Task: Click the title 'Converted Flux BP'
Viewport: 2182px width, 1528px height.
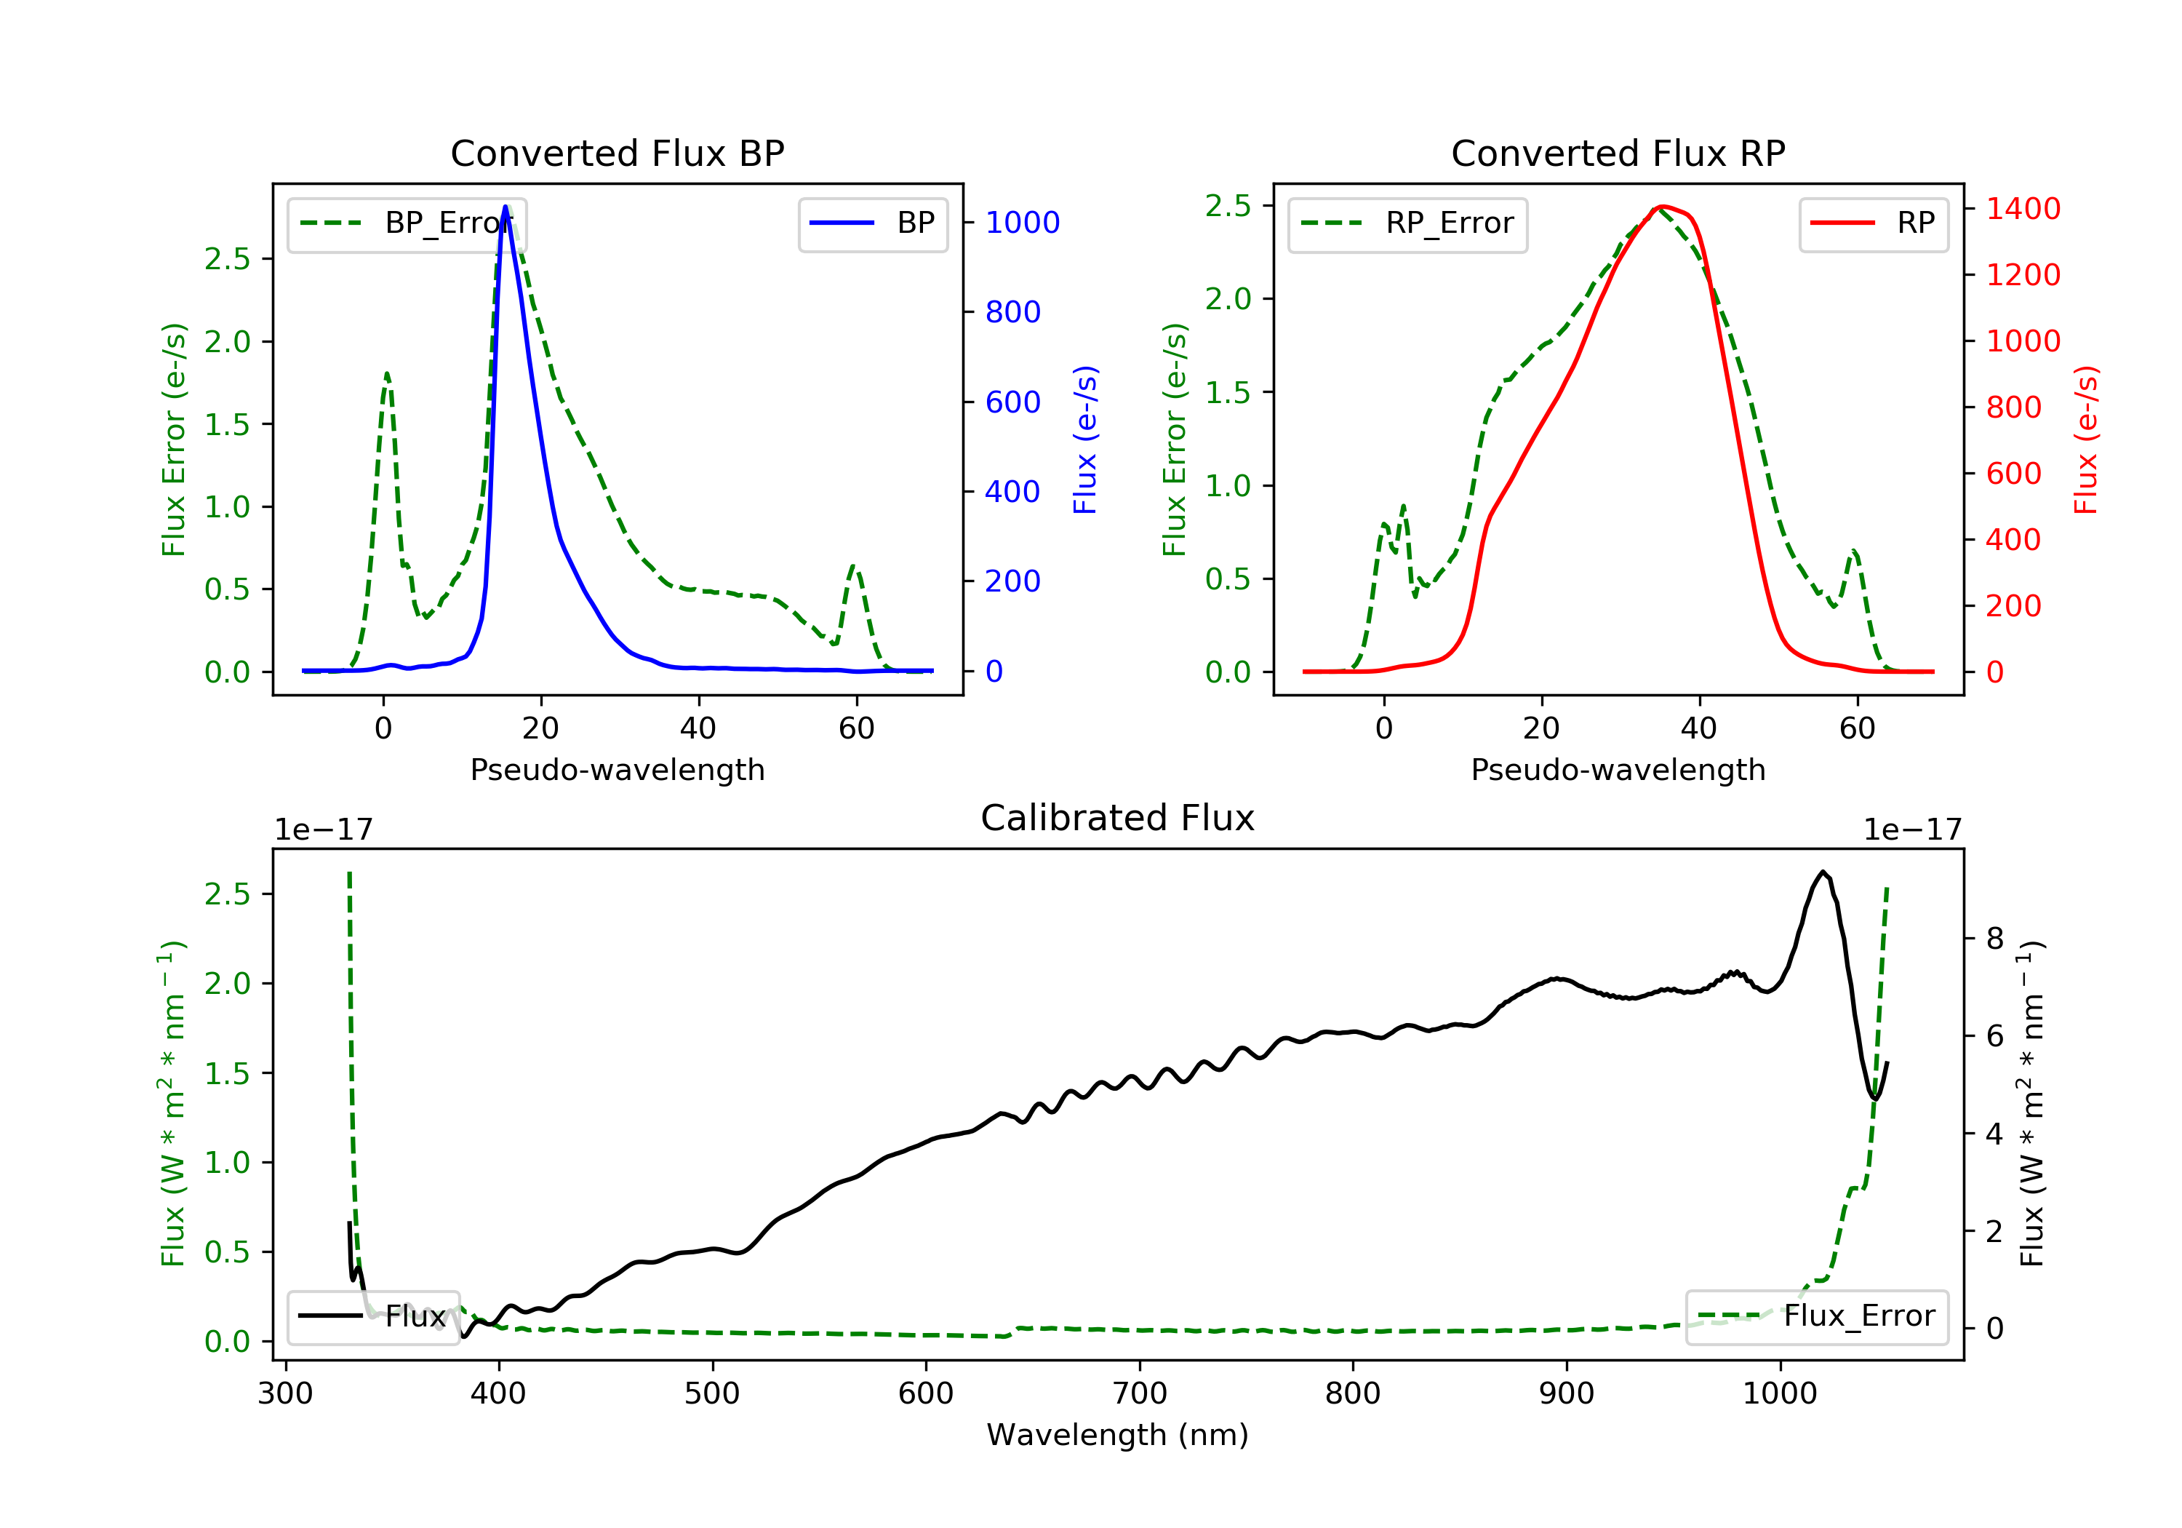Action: [617, 153]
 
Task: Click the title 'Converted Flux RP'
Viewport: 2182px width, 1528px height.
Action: [1618, 153]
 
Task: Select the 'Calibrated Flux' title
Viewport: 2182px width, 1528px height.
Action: [1118, 818]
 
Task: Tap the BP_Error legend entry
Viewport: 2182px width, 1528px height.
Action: [407, 223]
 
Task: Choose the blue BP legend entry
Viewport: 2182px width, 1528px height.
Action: [872, 223]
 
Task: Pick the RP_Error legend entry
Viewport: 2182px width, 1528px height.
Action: [1407, 223]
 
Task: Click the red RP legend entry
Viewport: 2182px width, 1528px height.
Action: [1873, 223]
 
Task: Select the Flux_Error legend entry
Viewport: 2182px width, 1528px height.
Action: [1816, 1316]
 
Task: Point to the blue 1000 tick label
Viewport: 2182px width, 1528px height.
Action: [1023, 223]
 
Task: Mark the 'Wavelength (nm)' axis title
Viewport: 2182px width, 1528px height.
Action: [1118, 1434]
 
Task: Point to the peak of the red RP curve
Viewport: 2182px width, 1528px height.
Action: [1661, 207]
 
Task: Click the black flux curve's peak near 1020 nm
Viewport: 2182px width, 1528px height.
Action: [1823, 871]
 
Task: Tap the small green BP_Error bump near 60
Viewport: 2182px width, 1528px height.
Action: [853, 567]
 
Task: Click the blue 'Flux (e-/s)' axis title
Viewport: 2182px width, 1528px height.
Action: [1085, 439]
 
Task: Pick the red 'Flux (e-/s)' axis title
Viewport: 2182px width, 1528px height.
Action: [2086, 439]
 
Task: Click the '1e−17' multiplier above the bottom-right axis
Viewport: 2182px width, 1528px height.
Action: [1912, 830]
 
